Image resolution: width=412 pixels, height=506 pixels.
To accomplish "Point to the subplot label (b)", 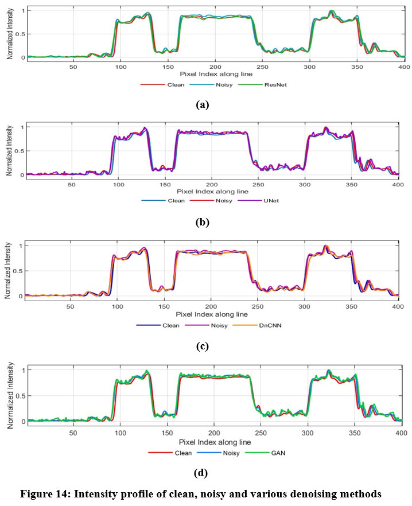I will click(201, 222).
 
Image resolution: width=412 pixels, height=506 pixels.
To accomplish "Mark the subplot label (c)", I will click(201, 346).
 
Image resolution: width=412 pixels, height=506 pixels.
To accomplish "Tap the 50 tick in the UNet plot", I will click(71, 185).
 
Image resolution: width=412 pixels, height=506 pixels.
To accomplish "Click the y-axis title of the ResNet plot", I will click(10, 34).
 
